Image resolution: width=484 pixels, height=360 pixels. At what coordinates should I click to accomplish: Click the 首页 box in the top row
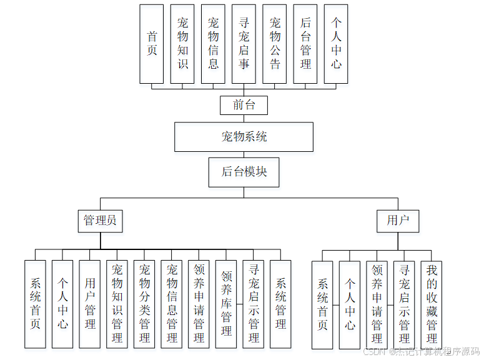(x=152, y=44)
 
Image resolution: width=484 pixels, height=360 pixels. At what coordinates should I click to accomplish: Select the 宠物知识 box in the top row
(x=182, y=44)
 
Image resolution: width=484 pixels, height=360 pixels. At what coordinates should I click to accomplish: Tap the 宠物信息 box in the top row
(x=213, y=44)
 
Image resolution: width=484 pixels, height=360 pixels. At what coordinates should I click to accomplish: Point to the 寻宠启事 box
(x=244, y=44)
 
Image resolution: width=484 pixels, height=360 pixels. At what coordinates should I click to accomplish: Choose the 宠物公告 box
(x=275, y=44)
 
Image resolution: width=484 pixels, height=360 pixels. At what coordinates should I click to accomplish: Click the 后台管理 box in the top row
(x=305, y=44)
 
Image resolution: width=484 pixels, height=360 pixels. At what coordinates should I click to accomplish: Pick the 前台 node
(x=244, y=105)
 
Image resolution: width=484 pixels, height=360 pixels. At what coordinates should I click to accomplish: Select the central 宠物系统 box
(x=244, y=137)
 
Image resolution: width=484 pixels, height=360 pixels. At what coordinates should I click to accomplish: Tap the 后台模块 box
(x=244, y=172)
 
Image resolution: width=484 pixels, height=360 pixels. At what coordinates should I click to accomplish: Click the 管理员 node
(x=100, y=221)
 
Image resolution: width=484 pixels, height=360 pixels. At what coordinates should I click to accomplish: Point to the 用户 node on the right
(x=398, y=221)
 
